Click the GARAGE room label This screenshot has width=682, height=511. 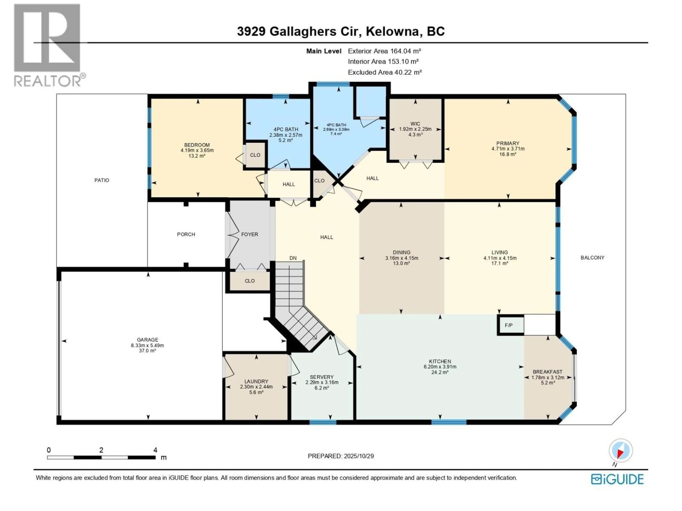pos(147,340)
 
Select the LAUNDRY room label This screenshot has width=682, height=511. pos(256,381)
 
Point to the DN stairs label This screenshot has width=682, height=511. pos(293,258)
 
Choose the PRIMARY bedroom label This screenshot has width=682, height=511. pos(508,143)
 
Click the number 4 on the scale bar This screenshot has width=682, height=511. pos(155,450)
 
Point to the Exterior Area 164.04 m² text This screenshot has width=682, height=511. pos(385,51)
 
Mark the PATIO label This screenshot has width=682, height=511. pos(102,180)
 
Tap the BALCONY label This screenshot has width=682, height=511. pos(592,257)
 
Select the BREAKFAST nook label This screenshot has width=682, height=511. pos(548,372)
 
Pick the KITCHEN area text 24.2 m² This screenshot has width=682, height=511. pos(440,372)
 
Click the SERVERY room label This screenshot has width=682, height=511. pos(322,377)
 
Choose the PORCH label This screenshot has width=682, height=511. pos(186,234)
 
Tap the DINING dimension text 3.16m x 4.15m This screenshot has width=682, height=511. pos(401,258)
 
